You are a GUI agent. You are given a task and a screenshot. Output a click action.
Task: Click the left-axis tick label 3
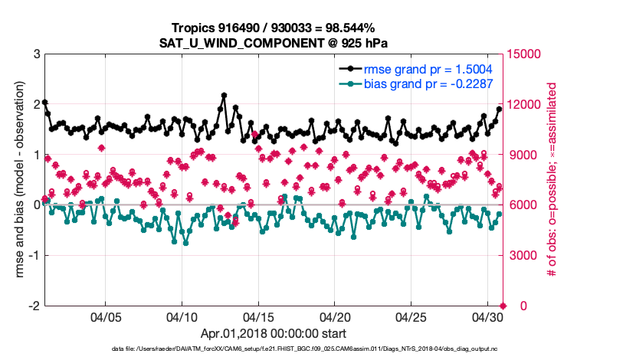coord(36,54)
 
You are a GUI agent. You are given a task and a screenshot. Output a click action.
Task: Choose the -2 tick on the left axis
coord(34,306)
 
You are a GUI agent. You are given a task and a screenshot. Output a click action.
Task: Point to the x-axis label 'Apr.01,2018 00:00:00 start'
coord(274,334)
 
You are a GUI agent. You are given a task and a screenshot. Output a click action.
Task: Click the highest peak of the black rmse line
coord(224,96)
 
